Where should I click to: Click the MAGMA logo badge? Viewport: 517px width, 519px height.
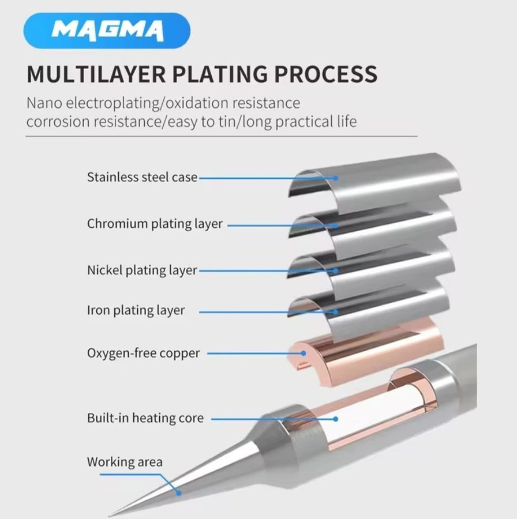[107, 30]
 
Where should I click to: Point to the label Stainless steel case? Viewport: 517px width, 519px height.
[142, 177]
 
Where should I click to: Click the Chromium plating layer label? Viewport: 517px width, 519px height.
[155, 224]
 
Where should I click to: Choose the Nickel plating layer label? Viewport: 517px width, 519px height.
[142, 270]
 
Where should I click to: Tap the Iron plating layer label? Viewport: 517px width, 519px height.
[136, 310]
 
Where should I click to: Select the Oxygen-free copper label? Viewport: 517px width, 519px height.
[143, 353]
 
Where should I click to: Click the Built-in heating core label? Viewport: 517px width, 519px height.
[145, 418]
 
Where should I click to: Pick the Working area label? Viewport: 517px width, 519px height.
[125, 462]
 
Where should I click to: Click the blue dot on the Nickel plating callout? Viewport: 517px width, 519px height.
[335, 270]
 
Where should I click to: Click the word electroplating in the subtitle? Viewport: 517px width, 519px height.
[119, 104]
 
